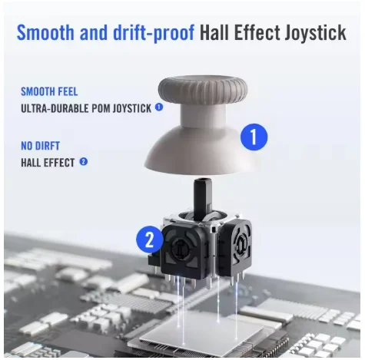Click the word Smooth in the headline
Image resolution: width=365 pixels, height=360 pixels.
coord(45,32)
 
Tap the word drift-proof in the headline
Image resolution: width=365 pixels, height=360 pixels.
coord(154,33)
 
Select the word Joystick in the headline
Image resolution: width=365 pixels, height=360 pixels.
coord(315,33)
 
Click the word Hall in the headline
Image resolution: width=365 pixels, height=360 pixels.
coord(214,32)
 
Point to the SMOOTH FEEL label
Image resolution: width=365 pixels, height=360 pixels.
coord(49,91)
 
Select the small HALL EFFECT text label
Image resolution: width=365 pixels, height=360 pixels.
coord(48,163)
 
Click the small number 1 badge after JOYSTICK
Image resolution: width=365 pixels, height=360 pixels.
coord(159,107)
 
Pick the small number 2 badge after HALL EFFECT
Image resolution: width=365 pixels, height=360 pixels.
coord(84,161)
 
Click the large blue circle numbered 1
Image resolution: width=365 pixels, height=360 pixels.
coord(254,137)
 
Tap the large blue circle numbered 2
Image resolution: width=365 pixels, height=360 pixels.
coord(150,239)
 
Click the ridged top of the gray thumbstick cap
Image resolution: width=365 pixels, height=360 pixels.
coord(203,89)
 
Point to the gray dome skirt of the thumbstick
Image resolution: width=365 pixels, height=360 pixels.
coord(200,156)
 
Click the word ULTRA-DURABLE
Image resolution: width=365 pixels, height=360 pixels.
coord(55,108)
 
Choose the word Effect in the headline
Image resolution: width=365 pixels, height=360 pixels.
coord(257,32)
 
